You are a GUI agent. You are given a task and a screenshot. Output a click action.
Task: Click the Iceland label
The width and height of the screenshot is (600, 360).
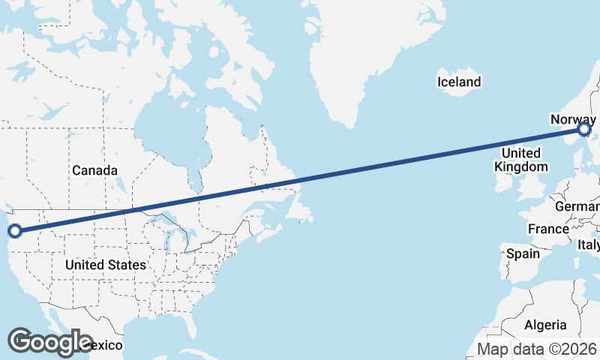(460, 81)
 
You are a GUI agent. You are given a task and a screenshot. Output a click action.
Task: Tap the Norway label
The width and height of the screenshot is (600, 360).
(573, 120)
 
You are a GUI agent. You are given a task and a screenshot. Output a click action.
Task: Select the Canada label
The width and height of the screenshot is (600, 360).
(94, 170)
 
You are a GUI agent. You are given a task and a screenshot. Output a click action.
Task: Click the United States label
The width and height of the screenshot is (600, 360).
(105, 265)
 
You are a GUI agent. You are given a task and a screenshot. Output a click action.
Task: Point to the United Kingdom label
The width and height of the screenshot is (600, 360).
(521, 160)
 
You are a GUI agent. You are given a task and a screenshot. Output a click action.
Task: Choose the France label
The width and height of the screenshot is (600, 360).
(548, 228)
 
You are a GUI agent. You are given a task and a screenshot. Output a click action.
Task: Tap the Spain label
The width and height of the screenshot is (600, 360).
(523, 253)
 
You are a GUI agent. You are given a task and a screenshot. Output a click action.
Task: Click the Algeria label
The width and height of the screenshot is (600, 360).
(545, 325)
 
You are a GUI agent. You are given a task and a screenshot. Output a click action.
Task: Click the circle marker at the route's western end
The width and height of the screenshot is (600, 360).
(13, 231)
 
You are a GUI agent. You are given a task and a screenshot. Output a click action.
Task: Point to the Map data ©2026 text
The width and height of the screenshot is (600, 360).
(537, 349)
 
